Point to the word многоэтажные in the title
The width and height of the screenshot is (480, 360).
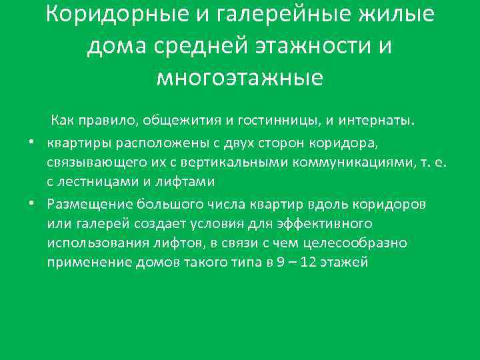coord(240,78)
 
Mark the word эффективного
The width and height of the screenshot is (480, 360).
coord(319,223)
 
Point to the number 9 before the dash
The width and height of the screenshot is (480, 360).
coord(279,263)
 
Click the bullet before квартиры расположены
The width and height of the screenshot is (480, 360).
coord(31,142)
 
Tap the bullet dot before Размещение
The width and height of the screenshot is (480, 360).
coord(31,203)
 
